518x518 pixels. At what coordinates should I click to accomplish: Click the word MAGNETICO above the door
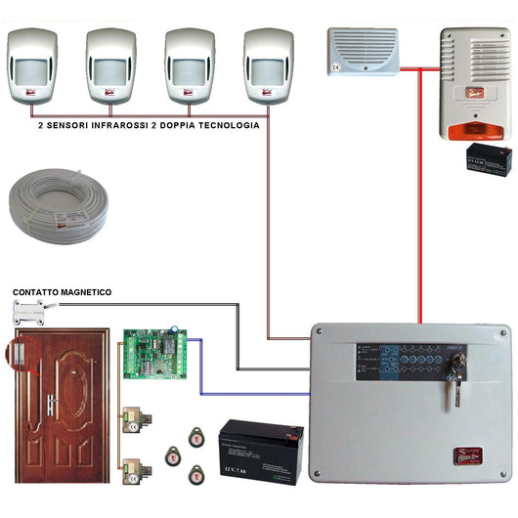click(87, 292)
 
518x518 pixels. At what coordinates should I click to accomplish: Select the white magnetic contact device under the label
click(32, 312)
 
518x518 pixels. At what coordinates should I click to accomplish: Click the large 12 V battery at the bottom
click(260, 450)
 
